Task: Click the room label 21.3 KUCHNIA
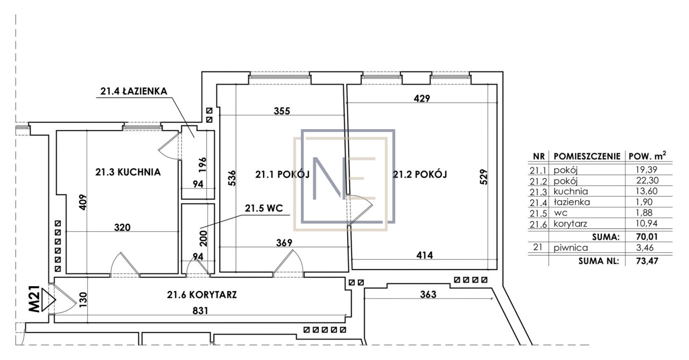pyautogui.click(x=128, y=172)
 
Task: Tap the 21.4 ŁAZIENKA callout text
pyautogui.click(x=134, y=91)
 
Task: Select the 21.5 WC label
pyautogui.click(x=264, y=208)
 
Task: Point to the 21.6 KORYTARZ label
pyautogui.click(x=202, y=295)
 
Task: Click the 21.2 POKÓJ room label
pyautogui.click(x=420, y=174)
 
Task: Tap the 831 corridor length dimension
pyautogui.click(x=200, y=311)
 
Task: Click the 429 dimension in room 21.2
pyautogui.click(x=421, y=98)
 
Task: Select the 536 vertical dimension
pyautogui.click(x=232, y=178)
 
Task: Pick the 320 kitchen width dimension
pyautogui.click(x=122, y=228)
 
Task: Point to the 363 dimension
pyautogui.click(x=428, y=294)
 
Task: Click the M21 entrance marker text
pyautogui.click(x=34, y=299)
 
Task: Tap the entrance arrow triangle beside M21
pyautogui.click(x=48, y=300)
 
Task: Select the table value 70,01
pyautogui.click(x=647, y=237)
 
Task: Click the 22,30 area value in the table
pyautogui.click(x=647, y=180)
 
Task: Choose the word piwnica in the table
pyautogui.click(x=571, y=248)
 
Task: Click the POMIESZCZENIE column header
pyautogui.click(x=587, y=157)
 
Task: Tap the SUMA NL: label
pyautogui.click(x=598, y=261)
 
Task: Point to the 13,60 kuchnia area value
pyautogui.click(x=647, y=191)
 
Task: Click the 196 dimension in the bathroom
pyautogui.click(x=202, y=165)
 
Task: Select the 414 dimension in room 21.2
pyautogui.click(x=425, y=255)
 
